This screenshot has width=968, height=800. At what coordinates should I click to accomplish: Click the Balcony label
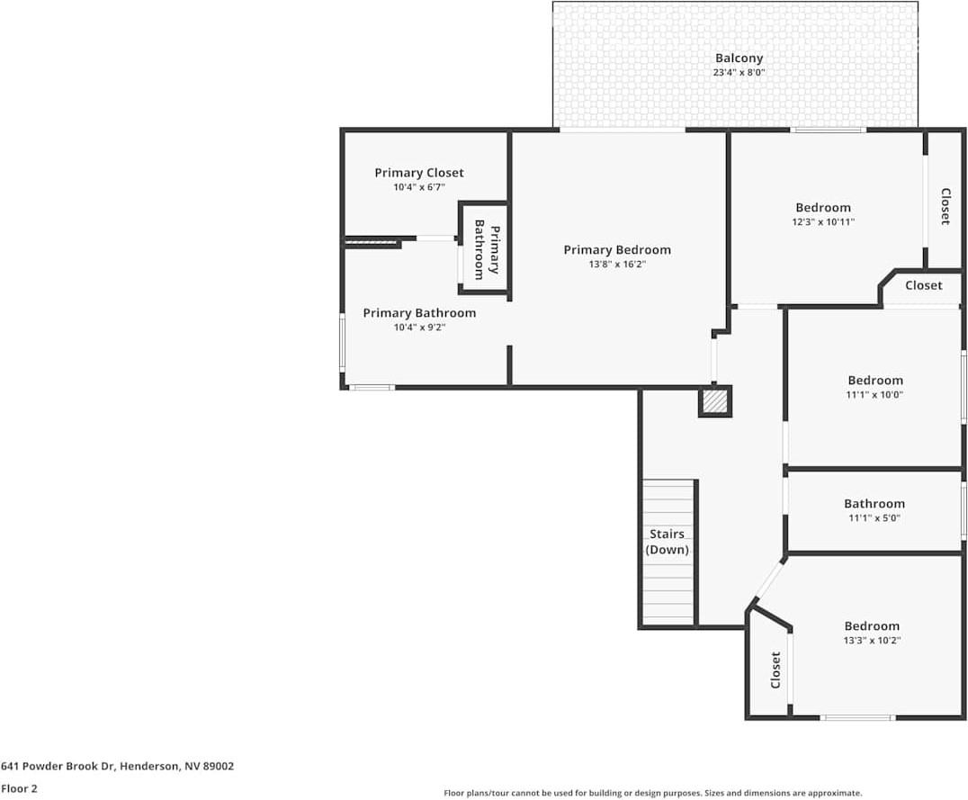(x=739, y=58)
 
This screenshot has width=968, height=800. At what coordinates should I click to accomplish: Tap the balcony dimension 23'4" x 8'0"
(x=739, y=72)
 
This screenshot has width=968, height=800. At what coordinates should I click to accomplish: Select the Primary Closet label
(x=419, y=173)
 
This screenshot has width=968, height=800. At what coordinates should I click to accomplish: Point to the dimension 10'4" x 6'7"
(x=419, y=187)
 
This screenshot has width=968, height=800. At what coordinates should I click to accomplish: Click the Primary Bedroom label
(x=617, y=249)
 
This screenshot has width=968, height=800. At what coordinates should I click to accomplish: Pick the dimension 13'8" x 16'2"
(x=617, y=265)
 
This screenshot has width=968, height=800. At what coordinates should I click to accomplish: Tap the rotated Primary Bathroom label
(x=486, y=249)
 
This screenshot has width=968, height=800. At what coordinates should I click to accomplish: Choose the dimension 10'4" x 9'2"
(x=420, y=328)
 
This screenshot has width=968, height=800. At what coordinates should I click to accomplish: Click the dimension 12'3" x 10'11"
(x=823, y=221)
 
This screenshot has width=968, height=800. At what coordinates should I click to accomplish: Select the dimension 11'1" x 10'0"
(x=874, y=395)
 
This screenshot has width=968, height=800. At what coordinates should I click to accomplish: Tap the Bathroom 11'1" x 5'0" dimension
(x=874, y=518)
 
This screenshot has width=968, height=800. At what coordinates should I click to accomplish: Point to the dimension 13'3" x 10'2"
(x=872, y=641)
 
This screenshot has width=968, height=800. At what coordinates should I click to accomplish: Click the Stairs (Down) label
(x=667, y=542)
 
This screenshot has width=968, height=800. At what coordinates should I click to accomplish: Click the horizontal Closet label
(x=924, y=285)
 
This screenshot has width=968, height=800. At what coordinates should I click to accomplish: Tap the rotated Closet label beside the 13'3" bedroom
(x=775, y=670)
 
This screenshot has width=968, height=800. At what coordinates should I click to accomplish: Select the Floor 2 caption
(x=19, y=788)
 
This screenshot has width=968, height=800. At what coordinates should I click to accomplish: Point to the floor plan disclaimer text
(x=652, y=793)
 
